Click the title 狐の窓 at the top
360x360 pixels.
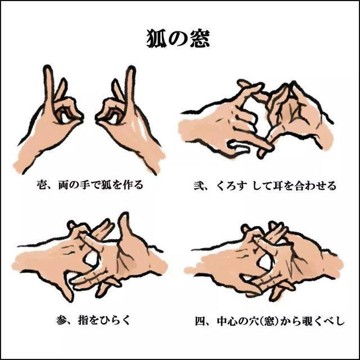point(179,37)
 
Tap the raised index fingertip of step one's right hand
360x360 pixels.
point(131,71)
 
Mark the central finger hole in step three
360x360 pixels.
point(90,260)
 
